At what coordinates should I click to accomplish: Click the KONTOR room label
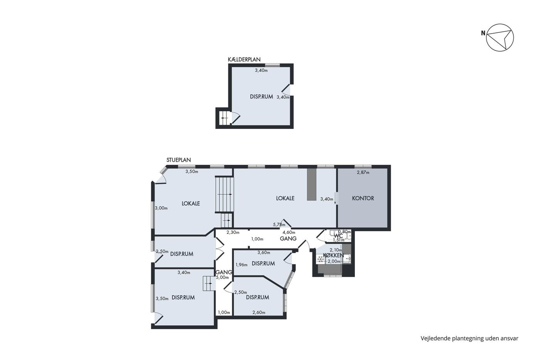pos(363,198)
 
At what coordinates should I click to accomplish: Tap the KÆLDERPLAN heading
pos(244,59)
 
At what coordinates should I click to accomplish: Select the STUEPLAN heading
pos(179,160)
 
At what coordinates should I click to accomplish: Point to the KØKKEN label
pos(333,255)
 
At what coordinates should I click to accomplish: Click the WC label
pos(339,236)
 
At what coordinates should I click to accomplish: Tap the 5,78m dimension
pos(279,225)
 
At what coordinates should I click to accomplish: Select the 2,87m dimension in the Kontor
pos(363,172)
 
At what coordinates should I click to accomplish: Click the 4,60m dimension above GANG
pos(289,232)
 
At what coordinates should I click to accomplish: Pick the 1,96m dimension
pos(241,265)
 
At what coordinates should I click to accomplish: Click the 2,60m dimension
pos(259,313)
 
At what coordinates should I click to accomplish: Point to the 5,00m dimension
pos(222,277)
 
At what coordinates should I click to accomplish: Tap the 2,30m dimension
pos(233,232)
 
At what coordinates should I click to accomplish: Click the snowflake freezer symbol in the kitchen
pos(321,259)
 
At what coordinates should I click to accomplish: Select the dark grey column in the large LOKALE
pos(312,184)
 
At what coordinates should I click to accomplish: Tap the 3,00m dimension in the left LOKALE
pos(161,208)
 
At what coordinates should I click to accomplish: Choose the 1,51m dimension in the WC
pos(339,240)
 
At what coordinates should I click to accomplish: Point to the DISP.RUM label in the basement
pos(262,97)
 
